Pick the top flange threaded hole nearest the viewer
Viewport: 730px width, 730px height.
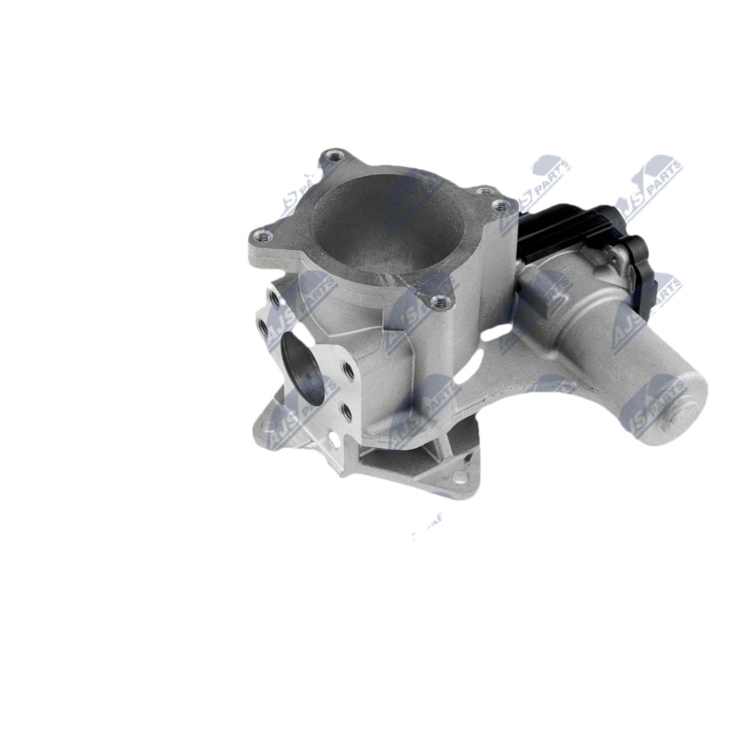tap(440, 301)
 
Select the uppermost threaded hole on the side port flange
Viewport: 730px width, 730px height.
tap(275, 298)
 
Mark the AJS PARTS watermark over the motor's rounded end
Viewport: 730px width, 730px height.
tap(652, 401)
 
